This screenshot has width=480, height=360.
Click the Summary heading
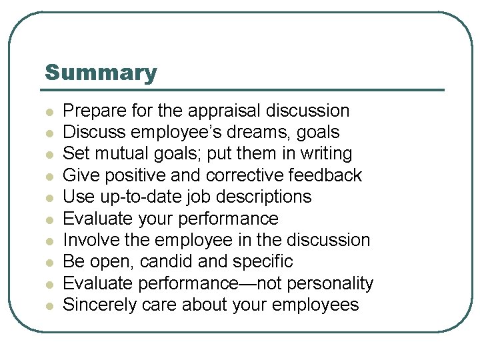click(x=101, y=73)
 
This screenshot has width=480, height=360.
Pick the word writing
click(x=326, y=154)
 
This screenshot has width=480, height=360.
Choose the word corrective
click(x=248, y=175)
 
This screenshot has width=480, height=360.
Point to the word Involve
click(x=87, y=240)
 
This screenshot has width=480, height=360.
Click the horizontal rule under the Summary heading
click(x=244, y=90)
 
